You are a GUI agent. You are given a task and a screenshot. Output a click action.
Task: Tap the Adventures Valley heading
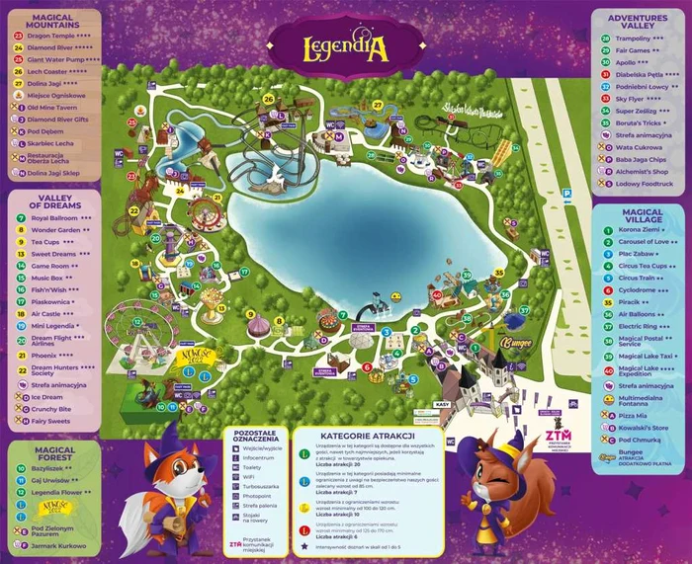(x=638, y=22)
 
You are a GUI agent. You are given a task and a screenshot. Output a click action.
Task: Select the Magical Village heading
(x=643, y=217)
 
